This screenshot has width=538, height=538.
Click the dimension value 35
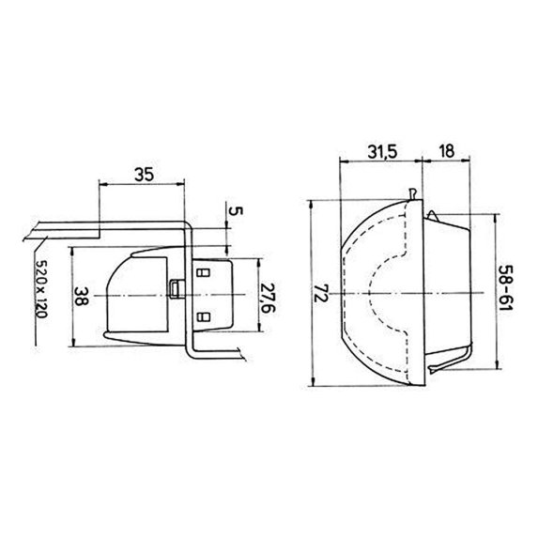click(x=144, y=175)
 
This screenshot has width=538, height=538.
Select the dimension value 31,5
click(x=382, y=152)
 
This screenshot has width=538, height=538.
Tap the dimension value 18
click(x=446, y=151)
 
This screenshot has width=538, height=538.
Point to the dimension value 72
click(x=321, y=293)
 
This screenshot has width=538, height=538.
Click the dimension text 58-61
click(x=506, y=287)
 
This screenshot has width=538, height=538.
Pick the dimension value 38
click(x=82, y=296)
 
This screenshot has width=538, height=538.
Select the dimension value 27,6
click(x=268, y=298)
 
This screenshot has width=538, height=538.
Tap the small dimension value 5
click(x=236, y=210)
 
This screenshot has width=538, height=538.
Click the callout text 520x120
click(x=41, y=289)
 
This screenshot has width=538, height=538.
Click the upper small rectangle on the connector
click(x=203, y=273)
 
